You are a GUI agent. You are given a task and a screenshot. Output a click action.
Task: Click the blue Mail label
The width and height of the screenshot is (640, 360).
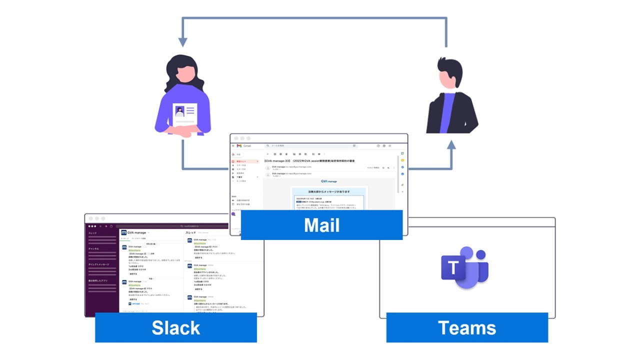[321, 225]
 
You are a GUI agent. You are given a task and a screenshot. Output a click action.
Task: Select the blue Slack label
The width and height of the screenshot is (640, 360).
[176, 327]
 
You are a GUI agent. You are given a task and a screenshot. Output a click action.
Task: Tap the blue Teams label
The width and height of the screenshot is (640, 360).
[467, 327]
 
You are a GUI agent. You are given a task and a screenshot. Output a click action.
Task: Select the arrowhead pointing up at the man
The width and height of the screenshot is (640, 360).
[451, 145]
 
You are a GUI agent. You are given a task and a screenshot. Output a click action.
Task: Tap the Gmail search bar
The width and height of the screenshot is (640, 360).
[310, 146]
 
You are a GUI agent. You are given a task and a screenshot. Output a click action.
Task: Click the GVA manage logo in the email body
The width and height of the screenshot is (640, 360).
[328, 181]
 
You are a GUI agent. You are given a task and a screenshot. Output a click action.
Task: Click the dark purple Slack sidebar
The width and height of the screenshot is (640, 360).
[102, 270]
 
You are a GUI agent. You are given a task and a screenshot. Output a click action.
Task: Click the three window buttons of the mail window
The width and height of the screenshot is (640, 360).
[242, 138]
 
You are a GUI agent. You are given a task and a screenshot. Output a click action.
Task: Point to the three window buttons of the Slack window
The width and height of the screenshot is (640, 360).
[96, 218]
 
